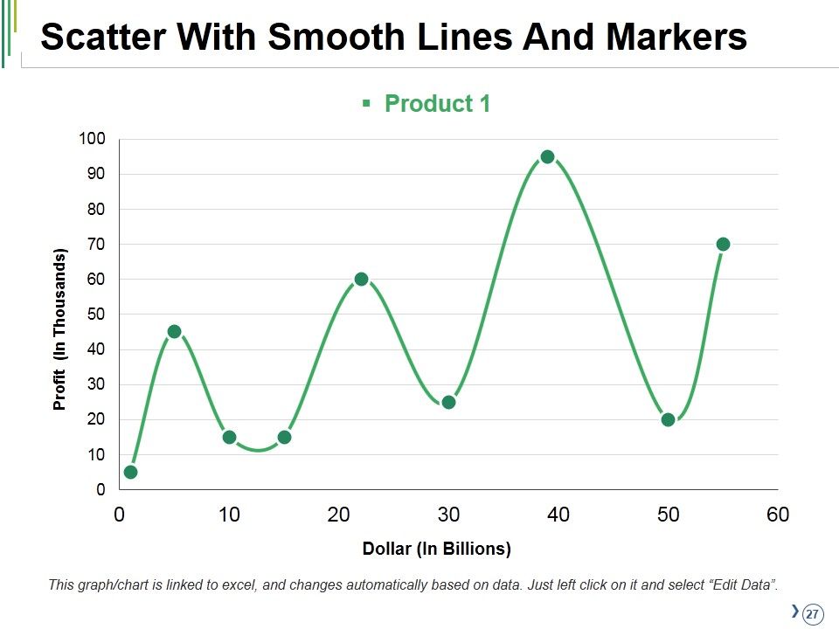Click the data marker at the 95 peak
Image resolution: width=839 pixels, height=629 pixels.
[x=547, y=156]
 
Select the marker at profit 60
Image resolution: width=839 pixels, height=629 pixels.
[x=361, y=279]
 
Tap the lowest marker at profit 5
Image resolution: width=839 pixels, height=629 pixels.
[x=130, y=472]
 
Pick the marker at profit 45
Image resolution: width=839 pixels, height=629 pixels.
[x=175, y=332]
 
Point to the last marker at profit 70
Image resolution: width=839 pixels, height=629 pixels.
[x=723, y=244]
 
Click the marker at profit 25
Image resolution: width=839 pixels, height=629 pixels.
[x=449, y=402]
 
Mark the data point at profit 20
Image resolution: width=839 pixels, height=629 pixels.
[x=668, y=419]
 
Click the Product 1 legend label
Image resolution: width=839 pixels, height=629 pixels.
[x=437, y=103]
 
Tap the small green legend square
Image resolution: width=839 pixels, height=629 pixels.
[x=366, y=103]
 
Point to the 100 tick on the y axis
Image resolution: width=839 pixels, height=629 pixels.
[x=92, y=139]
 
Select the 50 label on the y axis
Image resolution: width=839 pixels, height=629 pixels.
[x=96, y=314]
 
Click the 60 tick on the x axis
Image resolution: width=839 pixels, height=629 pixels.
[x=778, y=515]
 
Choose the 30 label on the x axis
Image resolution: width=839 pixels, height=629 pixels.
[x=448, y=515]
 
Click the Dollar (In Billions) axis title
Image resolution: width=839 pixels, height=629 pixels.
[x=437, y=549]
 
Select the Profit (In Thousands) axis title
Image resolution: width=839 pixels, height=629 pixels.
[x=59, y=329]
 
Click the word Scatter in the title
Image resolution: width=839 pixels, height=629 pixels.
[x=103, y=37]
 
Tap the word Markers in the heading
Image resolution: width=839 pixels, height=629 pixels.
[x=676, y=37]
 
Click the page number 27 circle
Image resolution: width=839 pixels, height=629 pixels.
[x=812, y=613]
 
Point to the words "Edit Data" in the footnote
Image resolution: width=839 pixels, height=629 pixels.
[x=742, y=584]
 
